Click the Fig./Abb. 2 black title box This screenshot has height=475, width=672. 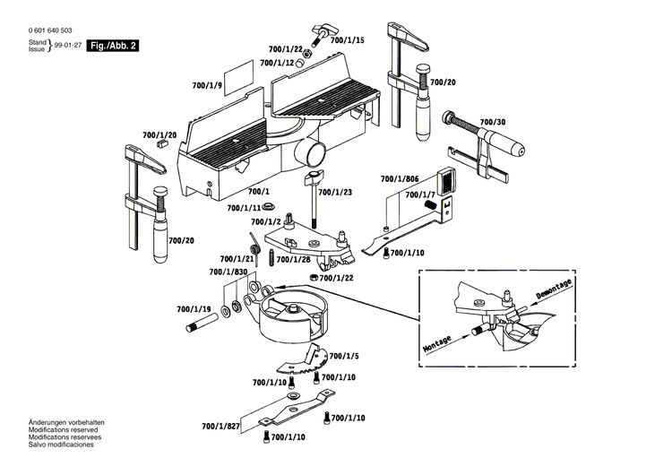(113, 46)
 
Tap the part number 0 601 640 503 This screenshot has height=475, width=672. (50, 30)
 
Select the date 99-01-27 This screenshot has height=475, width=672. (68, 46)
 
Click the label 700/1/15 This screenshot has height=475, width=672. (347, 40)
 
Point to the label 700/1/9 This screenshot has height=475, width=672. (207, 86)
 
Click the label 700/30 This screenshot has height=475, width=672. (493, 122)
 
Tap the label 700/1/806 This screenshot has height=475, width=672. (400, 178)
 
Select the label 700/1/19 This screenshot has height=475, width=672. (194, 309)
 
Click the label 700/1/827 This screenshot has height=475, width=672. (220, 427)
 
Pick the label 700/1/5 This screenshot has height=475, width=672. (344, 356)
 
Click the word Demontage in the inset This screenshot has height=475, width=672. (554, 289)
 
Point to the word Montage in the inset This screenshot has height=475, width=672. (437, 343)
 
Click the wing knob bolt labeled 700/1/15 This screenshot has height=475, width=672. (323, 35)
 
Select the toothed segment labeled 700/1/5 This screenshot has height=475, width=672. (303, 360)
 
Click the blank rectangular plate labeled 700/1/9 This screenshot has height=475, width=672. (238, 78)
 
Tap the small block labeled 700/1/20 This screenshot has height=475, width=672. (161, 143)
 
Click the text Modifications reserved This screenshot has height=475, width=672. (63, 429)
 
